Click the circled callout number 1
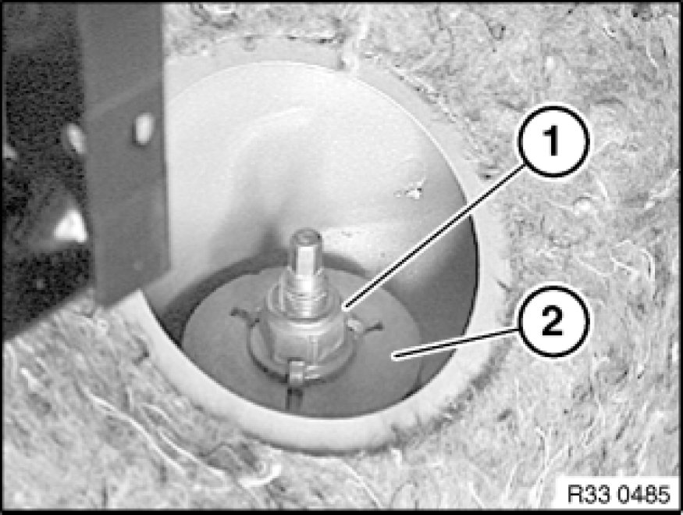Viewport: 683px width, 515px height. pyautogui.click(x=553, y=141)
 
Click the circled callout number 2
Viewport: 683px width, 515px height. pyautogui.click(x=553, y=322)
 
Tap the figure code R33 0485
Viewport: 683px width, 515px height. pyautogui.click(x=618, y=494)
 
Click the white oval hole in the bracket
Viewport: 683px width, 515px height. pyautogui.click(x=144, y=129)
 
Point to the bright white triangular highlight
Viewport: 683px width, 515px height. pyautogui.click(x=71, y=227)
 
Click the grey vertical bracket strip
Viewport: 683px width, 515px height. pyautogui.click(x=126, y=148)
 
